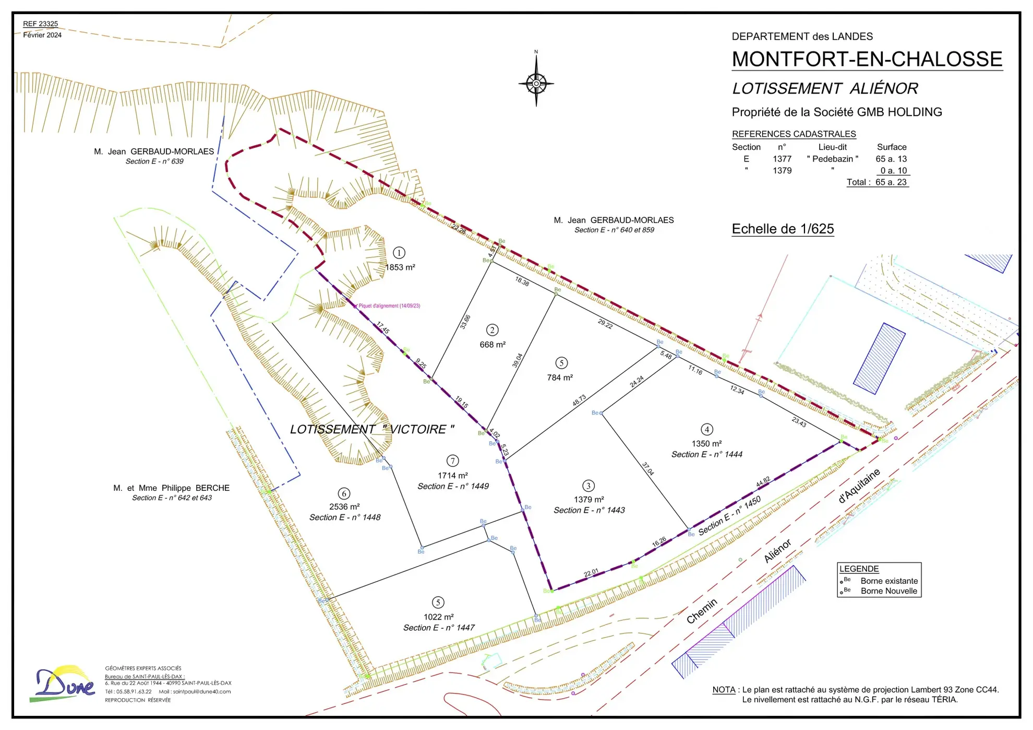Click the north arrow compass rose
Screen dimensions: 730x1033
pyautogui.click(x=536, y=83)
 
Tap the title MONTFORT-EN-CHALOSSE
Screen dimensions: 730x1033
pyautogui.click(x=867, y=59)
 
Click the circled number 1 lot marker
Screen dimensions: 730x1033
pyautogui.click(x=399, y=253)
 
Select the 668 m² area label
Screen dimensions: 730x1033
pyautogui.click(x=493, y=345)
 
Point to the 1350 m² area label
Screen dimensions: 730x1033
pyautogui.click(x=706, y=443)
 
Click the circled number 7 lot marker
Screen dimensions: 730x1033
pyautogui.click(x=452, y=461)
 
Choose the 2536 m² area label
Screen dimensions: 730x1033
pyautogui.click(x=344, y=507)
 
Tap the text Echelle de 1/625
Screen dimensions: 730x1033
pyautogui.click(x=783, y=229)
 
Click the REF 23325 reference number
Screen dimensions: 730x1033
pyautogui.click(x=41, y=24)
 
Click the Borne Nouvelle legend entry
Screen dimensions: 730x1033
pyautogui.click(x=888, y=591)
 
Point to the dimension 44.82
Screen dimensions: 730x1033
pyautogui.click(x=763, y=482)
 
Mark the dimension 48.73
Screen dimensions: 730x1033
pyautogui.click(x=579, y=401)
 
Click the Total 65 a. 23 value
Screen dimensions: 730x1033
pyautogui.click(x=891, y=182)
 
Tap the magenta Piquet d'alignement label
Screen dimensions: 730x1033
pyautogui.click(x=389, y=306)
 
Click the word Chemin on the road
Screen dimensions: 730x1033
pyautogui.click(x=702, y=611)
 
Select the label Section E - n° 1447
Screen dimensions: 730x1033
pyautogui.click(x=439, y=628)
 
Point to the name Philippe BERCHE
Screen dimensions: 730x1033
pyautogui.click(x=195, y=488)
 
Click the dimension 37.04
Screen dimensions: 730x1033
pyautogui.click(x=647, y=468)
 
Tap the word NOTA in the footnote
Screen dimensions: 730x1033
pyautogui.click(x=724, y=690)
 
